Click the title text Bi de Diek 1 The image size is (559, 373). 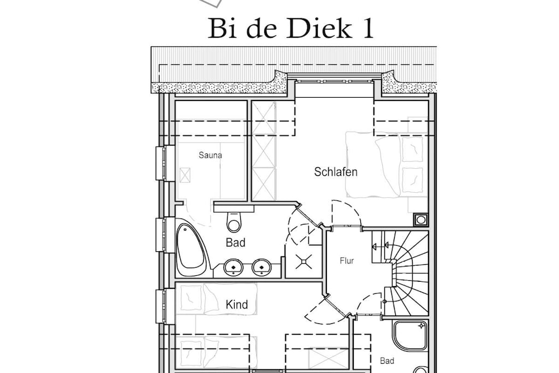click(x=290, y=28)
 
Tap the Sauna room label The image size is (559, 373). click(x=210, y=155)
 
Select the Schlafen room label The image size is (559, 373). click(x=336, y=172)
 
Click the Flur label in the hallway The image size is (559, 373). click(x=347, y=261)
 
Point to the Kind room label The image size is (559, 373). click(x=237, y=305)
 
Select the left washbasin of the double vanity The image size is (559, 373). click(x=233, y=267)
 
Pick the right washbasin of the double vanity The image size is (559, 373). click(x=261, y=267)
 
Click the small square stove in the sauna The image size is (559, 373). click(x=185, y=175)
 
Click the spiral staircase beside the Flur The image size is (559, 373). click(x=406, y=273)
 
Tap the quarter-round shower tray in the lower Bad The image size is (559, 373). click(x=409, y=335)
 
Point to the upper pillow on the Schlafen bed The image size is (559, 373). click(x=413, y=150)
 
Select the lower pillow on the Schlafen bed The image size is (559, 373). click(x=413, y=180)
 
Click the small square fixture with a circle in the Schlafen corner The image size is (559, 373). click(x=421, y=220)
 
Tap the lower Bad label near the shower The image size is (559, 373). click(x=387, y=361)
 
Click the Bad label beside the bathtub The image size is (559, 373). click(x=235, y=243)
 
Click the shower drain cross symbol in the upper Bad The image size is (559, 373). click(x=304, y=262)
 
